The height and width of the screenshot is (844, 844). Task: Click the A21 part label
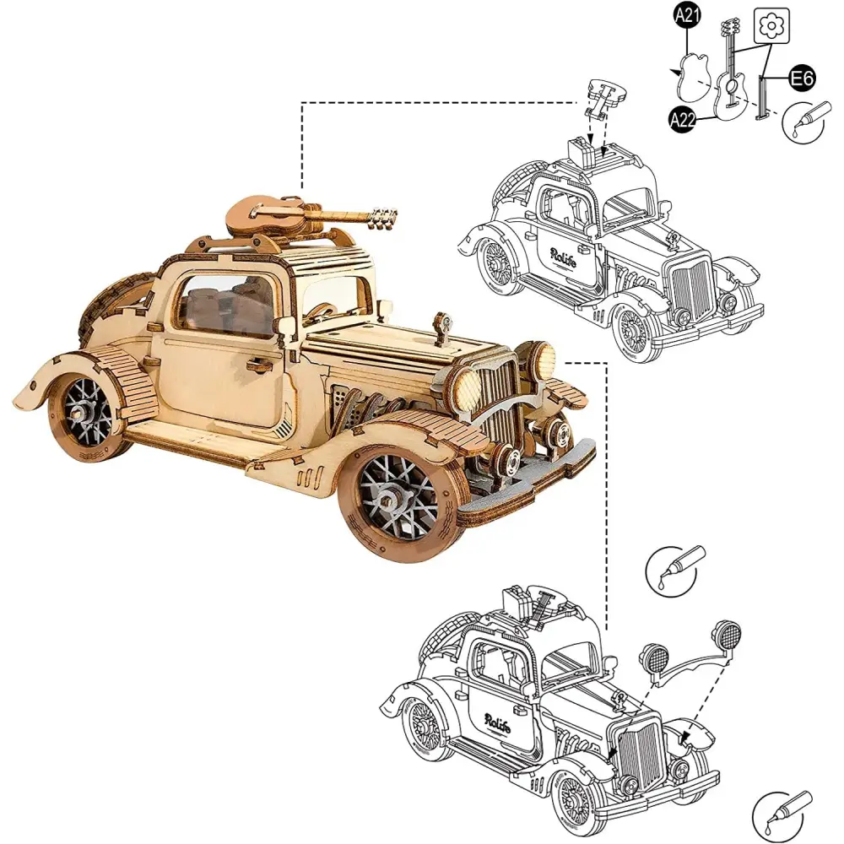click(x=687, y=15)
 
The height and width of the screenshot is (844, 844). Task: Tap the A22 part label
click(x=683, y=120)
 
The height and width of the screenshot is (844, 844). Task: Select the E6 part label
click(x=802, y=78)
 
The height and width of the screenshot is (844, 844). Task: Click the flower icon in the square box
click(x=772, y=26)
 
